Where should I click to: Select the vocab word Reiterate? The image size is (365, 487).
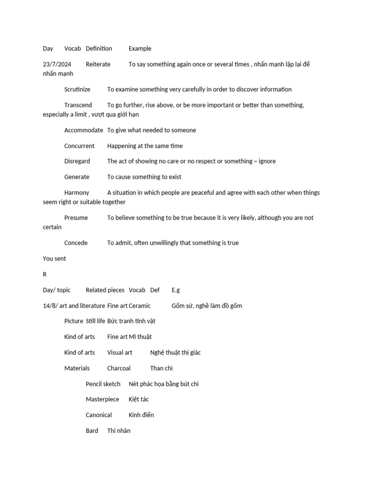tap(98, 64)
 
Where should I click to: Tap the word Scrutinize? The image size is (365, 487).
tap(77, 89)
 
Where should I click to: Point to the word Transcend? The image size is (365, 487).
tap(78, 105)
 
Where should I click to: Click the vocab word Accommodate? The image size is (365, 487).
tap(83, 130)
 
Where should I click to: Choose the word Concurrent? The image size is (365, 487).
tap(79, 146)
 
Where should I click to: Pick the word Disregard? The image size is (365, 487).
tap(77, 161)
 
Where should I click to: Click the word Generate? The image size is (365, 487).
tap(77, 177)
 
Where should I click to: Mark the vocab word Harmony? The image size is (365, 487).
tap(77, 193)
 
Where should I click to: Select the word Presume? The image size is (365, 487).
tap(76, 218)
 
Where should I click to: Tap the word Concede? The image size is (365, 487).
tap(76, 243)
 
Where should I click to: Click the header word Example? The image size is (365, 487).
tap(140, 49)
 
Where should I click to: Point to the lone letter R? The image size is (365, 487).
tap(45, 274)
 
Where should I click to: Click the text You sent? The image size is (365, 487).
tap(54, 259)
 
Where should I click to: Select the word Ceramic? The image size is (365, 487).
tap(140, 306)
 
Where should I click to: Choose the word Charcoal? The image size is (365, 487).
tap(119, 368)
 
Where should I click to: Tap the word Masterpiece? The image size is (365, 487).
tap(102, 399)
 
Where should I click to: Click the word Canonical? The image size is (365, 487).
tap(98, 415)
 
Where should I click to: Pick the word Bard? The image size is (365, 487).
tap(92, 431)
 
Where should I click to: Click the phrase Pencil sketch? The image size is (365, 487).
tap(103, 384)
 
